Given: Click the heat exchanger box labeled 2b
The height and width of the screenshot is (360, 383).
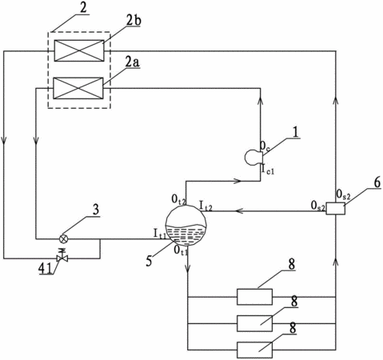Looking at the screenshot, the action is coord(79,50).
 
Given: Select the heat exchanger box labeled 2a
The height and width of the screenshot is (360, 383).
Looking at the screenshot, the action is coord(78,88).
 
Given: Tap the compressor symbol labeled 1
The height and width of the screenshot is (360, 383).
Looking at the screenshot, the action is coord(253,158).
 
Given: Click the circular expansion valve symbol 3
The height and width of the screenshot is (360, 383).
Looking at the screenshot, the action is coord(63,239).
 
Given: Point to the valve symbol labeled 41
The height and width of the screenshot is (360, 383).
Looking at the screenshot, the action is coord(62,256).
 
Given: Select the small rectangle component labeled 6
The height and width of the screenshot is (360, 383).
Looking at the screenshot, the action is coord(336,208).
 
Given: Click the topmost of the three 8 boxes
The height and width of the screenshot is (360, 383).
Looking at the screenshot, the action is coord(254,297).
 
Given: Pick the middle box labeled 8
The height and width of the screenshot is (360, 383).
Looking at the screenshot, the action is coord(254,323).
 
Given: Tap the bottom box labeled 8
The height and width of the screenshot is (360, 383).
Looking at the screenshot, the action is coord(254,350).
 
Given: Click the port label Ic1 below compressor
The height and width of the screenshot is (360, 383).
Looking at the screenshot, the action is coord(268,170).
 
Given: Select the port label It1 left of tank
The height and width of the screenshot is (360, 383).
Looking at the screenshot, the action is coord(160,234).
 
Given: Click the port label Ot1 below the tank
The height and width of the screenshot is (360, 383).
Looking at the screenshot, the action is coord(182,250).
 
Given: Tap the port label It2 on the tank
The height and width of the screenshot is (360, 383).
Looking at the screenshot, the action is coord(205,206).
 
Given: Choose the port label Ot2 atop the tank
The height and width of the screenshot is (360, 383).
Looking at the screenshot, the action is coord(178,198).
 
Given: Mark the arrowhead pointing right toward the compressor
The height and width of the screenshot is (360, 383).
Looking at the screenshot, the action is coord(237,181).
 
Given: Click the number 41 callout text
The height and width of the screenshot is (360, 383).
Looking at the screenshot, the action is coord(46,270).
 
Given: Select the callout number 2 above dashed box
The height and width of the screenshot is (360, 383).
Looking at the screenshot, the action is coord(83,8).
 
